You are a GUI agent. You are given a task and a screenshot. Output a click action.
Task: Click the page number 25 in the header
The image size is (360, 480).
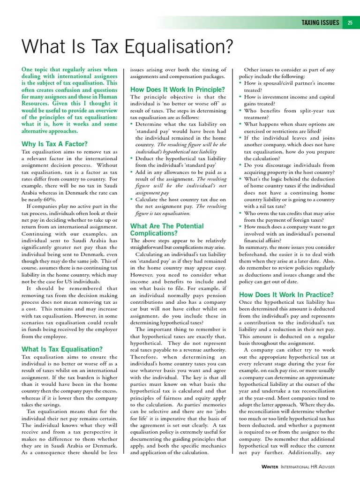(350, 22)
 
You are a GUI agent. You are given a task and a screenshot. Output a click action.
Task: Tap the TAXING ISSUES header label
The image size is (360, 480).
(320, 22)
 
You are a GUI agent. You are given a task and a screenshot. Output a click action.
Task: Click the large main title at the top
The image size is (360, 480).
(127, 46)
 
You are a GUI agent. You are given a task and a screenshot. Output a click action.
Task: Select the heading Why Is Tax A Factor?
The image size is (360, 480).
(54, 144)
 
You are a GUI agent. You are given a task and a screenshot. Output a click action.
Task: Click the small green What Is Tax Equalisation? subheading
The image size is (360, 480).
(62, 349)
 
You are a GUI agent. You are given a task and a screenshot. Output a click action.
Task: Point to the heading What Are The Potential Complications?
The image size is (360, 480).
(167, 229)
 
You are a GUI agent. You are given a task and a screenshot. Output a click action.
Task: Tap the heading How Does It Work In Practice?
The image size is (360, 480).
(286, 295)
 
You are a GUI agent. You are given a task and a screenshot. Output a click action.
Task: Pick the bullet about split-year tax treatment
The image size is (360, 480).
(289, 114)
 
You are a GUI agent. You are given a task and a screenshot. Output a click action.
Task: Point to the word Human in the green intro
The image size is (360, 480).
(108, 97)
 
